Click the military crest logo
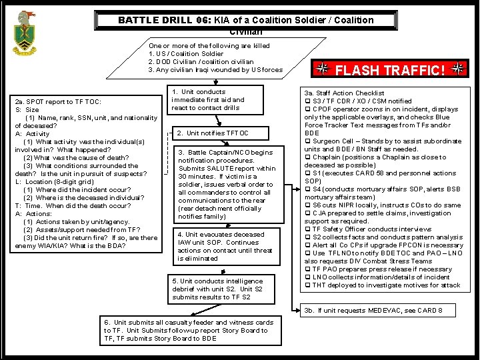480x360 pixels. pyautogui.click(x=25, y=33)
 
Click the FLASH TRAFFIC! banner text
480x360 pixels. pyautogui.click(x=390, y=70)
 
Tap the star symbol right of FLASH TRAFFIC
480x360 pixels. pyautogui.click(x=457, y=69)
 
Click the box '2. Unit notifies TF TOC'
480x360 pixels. pyautogui.click(x=213, y=133)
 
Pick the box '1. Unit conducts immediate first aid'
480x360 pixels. pyautogui.click(x=212, y=100)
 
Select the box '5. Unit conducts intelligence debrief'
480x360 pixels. pyautogui.click(x=217, y=289)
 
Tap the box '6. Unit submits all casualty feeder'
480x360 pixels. pyautogui.click(x=189, y=330)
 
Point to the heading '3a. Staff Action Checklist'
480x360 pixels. pyautogui.click(x=344, y=93)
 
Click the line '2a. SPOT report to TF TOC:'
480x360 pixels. pyautogui.click(x=58, y=102)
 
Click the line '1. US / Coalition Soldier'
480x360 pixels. pyautogui.click(x=186, y=54)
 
